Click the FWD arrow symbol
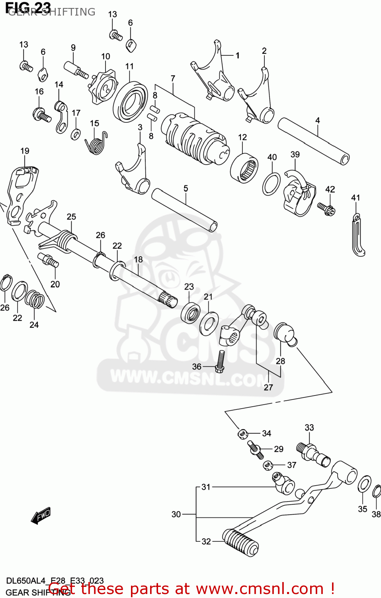point(41,515)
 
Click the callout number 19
point(25,151)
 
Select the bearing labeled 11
point(130,102)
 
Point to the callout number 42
point(330,189)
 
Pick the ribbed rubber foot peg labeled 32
point(240,542)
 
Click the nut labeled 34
point(242,433)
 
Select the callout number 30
point(176,515)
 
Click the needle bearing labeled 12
point(244,168)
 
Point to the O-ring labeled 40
point(271,184)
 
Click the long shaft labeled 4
point(313,141)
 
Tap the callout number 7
point(173,79)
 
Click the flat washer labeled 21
point(209,323)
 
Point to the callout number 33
point(309,428)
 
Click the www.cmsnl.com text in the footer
point(260,589)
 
